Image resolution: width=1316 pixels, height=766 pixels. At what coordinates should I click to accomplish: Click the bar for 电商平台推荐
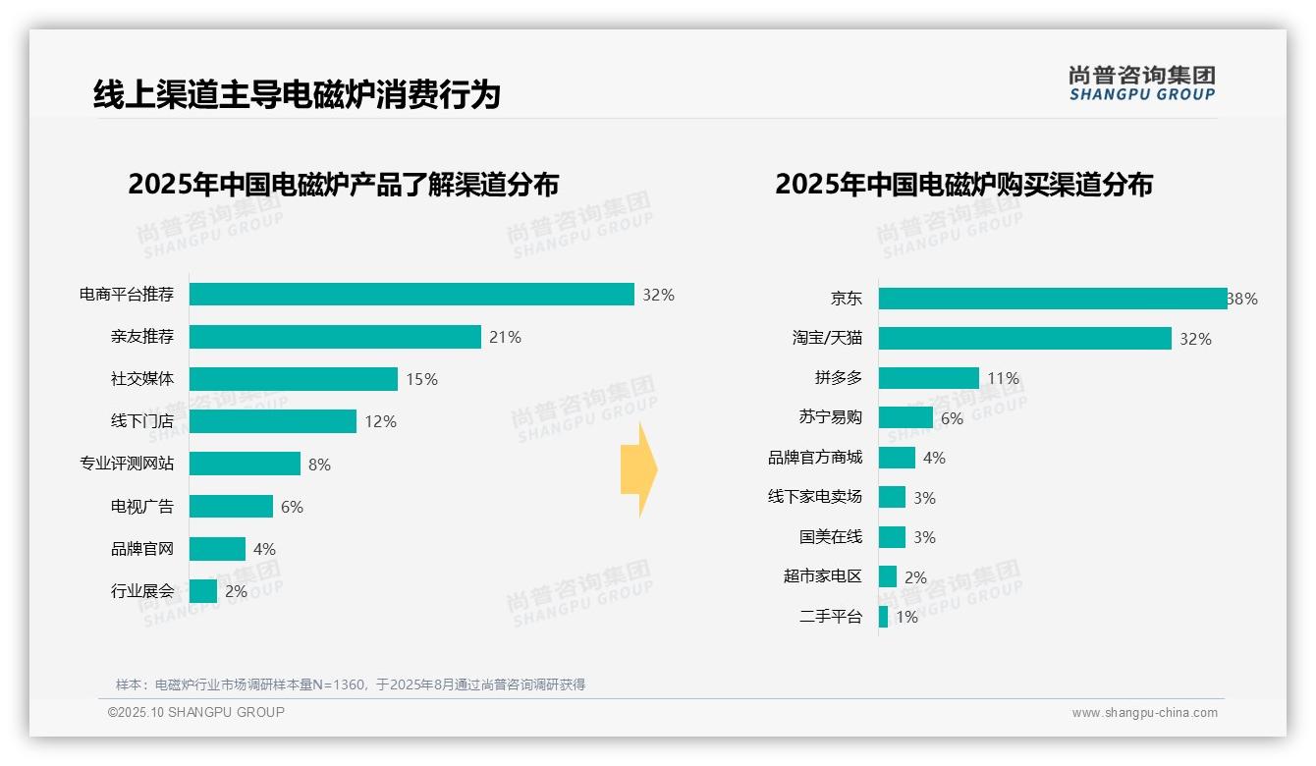411,295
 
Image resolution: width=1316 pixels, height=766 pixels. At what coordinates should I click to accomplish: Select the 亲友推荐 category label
142,337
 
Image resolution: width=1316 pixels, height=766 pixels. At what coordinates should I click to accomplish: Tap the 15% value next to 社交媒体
422,379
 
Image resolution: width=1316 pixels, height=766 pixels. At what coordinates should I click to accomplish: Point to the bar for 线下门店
273,421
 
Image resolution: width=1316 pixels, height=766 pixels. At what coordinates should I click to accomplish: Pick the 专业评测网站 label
127,464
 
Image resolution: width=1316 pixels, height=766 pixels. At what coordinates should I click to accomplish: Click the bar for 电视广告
231,507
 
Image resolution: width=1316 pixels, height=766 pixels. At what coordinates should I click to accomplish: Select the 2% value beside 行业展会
236,591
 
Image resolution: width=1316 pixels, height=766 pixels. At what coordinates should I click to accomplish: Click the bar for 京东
1053,299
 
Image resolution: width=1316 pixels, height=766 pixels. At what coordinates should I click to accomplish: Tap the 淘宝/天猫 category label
828,338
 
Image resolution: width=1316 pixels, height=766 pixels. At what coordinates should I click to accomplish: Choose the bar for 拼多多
929,378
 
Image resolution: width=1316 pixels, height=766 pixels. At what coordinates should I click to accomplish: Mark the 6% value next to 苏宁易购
952,418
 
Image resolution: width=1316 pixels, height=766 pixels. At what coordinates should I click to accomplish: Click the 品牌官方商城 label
815,458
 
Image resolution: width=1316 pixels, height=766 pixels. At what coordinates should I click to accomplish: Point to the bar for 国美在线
892,537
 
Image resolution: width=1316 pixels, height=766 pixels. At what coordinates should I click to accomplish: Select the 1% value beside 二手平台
906,618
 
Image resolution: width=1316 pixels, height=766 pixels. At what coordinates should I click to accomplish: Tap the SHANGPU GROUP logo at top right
1141,82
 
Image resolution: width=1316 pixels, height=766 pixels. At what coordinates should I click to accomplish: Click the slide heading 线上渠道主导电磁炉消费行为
297,94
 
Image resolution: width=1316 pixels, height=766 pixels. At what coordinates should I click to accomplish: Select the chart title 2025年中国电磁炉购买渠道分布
963,185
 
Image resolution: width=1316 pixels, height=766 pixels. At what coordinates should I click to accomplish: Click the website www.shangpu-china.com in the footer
1144,713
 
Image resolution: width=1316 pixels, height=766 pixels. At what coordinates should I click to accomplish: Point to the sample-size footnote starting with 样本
351,684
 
